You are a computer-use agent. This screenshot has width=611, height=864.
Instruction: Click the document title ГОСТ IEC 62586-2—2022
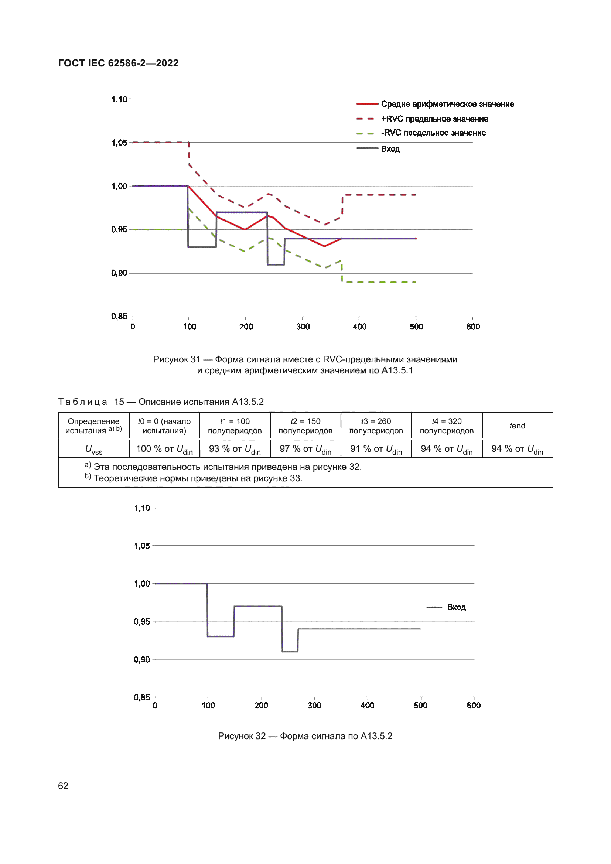[118, 63]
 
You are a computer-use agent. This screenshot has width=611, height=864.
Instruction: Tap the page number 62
[63, 786]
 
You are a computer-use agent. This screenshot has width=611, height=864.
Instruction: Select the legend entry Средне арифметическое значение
[447, 104]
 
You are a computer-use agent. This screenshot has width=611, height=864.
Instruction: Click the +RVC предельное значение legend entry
[434, 119]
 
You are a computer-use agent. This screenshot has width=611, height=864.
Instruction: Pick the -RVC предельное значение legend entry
[433, 133]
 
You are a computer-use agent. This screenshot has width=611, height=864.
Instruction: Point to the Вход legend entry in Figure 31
[390, 149]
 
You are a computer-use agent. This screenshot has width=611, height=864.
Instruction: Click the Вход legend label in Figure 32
[456, 607]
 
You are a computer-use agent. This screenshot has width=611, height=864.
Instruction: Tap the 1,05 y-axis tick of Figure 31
[119, 143]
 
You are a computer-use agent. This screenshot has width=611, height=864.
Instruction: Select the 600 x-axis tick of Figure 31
[473, 327]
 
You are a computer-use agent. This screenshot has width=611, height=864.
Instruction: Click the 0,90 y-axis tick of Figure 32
[142, 660]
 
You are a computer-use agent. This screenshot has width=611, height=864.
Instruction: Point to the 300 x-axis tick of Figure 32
[314, 706]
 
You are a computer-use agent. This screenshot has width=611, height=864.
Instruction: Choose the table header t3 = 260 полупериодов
[376, 426]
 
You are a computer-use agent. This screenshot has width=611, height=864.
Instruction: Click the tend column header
[517, 426]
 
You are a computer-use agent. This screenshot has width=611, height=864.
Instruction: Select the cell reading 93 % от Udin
[235, 449]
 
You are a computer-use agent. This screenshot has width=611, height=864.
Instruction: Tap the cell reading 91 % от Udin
[376, 449]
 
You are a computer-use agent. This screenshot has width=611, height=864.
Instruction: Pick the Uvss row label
[94, 449]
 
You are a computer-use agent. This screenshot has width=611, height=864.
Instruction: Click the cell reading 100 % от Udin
[164, 449]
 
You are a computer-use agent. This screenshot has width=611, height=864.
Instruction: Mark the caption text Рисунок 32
[242, 736]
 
